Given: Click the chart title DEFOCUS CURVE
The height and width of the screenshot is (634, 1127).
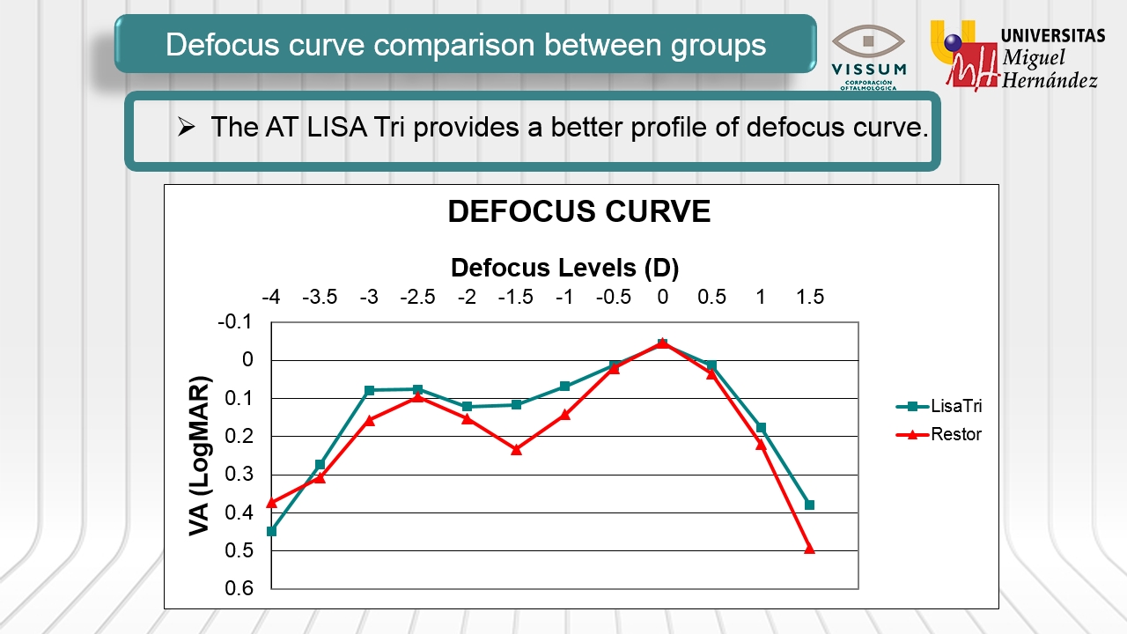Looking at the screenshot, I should coord(578,212).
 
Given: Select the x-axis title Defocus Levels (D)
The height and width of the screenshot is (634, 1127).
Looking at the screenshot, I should coord(564,268).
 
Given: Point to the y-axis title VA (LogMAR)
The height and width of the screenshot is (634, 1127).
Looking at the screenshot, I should coord(201,456).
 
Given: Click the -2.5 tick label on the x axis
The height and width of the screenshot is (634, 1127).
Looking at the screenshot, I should coord(417,298).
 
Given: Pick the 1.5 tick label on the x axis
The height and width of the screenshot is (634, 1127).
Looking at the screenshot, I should coord(809,298).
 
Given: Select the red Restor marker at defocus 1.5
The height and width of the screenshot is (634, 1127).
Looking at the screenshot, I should coord(809,549).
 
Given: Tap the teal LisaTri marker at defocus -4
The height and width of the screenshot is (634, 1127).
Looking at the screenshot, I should coord(271,531).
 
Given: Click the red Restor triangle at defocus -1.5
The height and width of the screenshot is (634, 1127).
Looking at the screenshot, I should coord(516,449).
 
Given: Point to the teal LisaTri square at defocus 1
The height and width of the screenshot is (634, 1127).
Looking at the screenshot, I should coord(761,428).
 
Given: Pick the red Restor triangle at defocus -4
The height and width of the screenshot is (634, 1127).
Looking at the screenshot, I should coord(271,503).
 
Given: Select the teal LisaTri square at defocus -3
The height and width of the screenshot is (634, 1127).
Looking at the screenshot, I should coord(369,390).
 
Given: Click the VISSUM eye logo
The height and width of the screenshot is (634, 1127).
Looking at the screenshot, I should coord(868,41).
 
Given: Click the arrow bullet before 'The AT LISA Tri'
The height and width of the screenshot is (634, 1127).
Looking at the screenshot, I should coord(185,128).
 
